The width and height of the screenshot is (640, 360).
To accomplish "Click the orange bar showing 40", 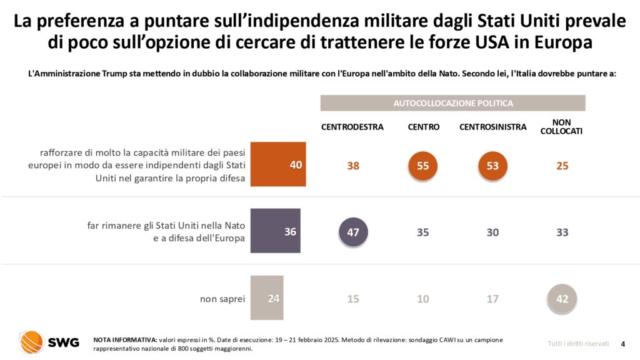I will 278,165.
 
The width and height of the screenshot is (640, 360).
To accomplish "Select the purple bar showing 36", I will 275,231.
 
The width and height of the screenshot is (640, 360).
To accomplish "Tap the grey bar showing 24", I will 267,297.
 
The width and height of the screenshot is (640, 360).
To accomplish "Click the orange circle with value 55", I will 423,166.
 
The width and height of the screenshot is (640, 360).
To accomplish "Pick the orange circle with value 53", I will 492,166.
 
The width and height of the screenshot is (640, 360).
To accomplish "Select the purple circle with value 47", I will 353,232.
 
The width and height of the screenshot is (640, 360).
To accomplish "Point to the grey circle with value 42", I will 562,298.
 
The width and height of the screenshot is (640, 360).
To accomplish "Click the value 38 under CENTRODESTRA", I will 353,166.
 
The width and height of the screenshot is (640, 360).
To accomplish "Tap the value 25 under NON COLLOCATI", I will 562,166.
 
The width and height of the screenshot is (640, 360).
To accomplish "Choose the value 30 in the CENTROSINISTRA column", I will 492,232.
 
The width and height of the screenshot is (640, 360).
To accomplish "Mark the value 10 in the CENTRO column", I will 423,299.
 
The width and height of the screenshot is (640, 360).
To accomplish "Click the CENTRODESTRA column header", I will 352,127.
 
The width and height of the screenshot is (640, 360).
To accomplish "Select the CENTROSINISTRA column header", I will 492,127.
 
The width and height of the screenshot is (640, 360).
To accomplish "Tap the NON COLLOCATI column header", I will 561,126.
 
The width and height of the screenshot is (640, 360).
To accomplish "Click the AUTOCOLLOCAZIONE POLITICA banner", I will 452,103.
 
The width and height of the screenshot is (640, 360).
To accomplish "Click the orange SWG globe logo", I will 31,342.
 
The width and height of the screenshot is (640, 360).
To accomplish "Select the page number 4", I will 622,343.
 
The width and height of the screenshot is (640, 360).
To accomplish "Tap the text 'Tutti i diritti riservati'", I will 578,343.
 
